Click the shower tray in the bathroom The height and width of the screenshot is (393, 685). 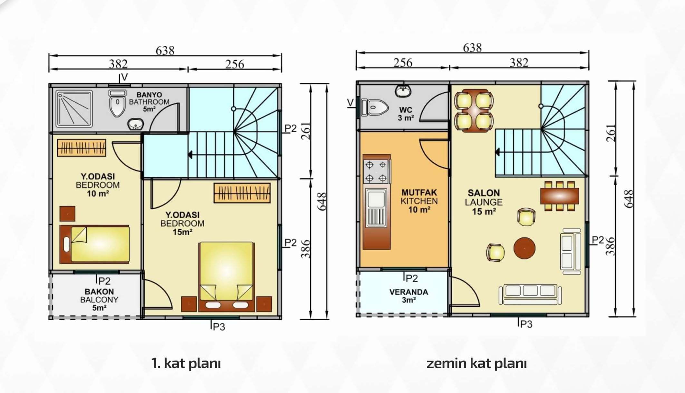(74, 108)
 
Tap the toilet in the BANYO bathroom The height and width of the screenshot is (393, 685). (117, 103)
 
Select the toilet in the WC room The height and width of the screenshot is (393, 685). (375, 108)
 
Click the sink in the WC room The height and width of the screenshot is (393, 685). (403, 91)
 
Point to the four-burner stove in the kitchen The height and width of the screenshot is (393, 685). (376, 172)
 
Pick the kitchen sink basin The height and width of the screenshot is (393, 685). (376, 199)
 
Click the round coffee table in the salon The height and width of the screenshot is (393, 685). (524, 248)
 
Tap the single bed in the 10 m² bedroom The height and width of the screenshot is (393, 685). (95, 244)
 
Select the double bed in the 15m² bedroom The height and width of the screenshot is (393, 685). (227, 277)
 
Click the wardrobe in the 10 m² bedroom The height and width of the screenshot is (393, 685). (82, 148)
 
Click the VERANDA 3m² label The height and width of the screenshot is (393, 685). (409, 296)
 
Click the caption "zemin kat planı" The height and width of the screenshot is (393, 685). (477, 363)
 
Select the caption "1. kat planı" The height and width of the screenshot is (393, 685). (186, 363)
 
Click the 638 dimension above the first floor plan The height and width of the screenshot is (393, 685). (165, 51)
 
